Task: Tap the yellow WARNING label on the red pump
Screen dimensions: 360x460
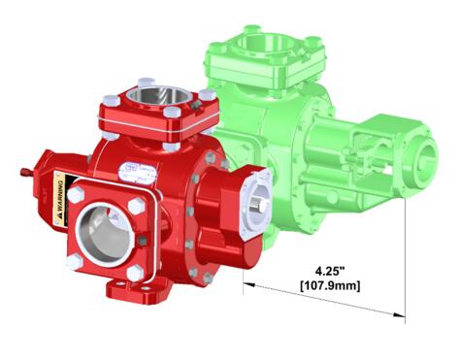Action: pyautogui.click(x=59, y=199)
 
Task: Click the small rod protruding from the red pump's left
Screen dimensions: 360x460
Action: pyautogui.click(x=22, y=173)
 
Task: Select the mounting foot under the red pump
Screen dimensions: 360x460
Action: pyautogui.click(x=126, y=288)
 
